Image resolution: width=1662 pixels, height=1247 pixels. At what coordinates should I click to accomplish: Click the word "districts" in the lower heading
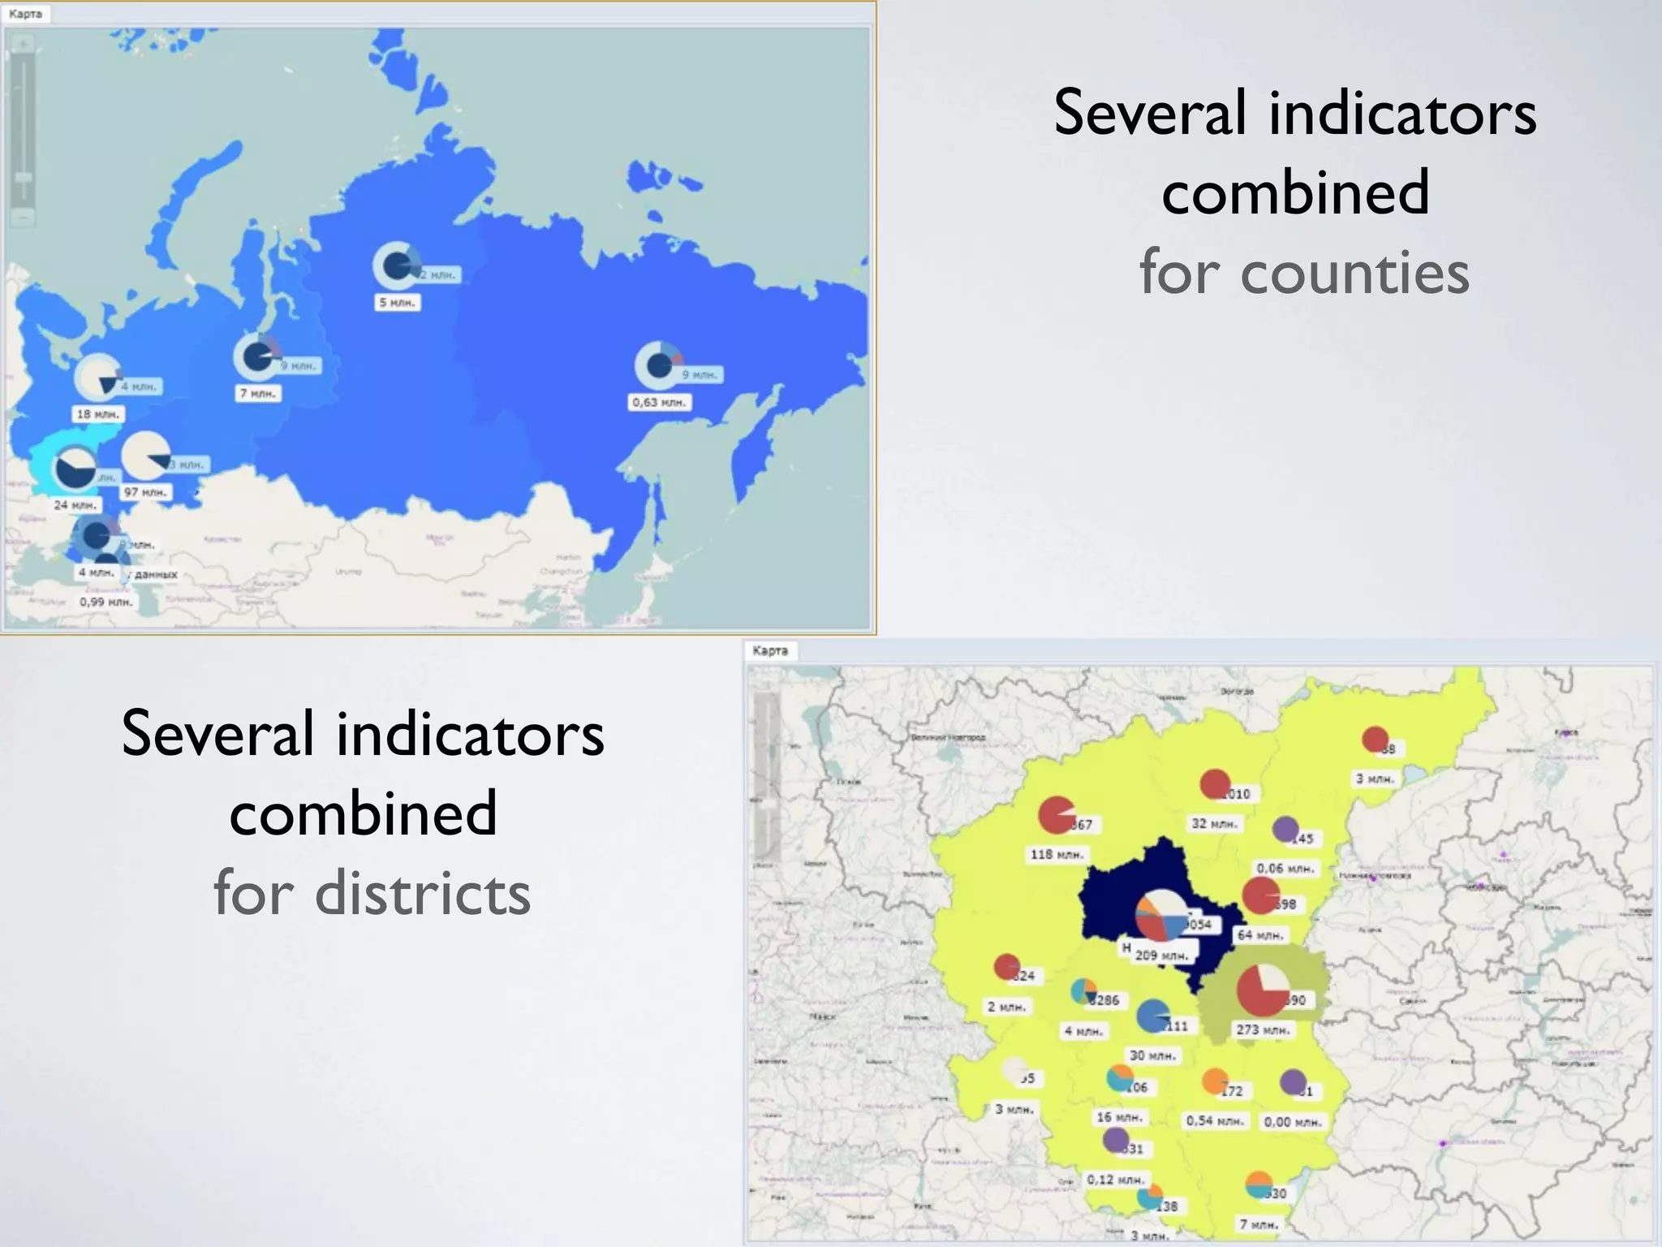click(422, 893)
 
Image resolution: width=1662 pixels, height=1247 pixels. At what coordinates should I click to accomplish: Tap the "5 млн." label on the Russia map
click(397, 303)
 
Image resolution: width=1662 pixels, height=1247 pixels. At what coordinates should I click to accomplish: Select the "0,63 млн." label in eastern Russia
click(659, 403)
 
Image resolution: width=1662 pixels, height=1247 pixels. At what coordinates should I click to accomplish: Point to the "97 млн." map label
click(145, 493)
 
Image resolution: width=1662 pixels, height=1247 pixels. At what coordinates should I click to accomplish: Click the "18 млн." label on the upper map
click(97, 415)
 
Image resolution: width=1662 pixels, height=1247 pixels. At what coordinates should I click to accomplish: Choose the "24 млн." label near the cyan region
click(75, 505)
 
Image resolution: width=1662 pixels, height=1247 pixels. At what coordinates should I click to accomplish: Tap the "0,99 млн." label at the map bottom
click(105, 602)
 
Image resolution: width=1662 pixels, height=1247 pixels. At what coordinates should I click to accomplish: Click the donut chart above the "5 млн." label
click(397, 265)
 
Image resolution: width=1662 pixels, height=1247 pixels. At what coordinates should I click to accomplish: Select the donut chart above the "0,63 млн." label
click(658, 365)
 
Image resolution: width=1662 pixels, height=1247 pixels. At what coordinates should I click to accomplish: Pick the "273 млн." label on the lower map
click(1262, 1030)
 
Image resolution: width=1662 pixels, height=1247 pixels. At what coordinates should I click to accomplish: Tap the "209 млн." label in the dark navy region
click(1161, 956)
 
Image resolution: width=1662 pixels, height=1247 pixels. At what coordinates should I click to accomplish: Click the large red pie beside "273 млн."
click(1263, 990)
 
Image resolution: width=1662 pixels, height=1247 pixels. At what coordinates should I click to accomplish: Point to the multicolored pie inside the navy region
click(1160, 916)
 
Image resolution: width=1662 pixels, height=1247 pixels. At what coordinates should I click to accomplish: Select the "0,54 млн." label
click(1214, 1121)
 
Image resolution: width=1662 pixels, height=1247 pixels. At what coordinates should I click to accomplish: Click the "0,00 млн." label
click(1292, 1122)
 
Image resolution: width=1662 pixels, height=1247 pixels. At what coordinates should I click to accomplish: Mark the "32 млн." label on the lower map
click(1214, 824)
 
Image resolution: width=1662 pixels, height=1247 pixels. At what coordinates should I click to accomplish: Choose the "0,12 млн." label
click(1115, 1180)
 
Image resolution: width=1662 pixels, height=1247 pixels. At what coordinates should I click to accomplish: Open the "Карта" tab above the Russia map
click(26, 14)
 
